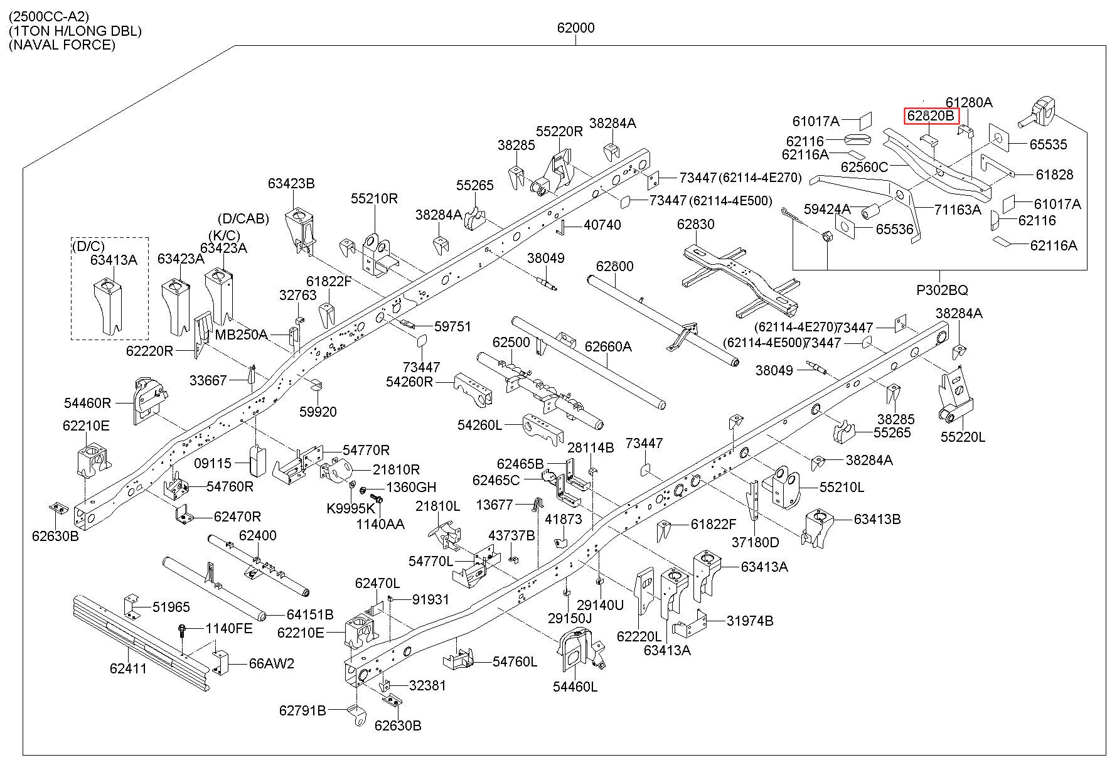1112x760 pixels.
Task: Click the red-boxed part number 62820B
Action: point(931,116)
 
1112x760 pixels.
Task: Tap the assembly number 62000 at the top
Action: point(575,28)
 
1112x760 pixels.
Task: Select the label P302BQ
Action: point(942,290)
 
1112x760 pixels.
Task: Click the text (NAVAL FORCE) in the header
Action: point(62,45)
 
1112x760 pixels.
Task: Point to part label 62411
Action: point(128,668)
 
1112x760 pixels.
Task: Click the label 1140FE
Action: point(230,628)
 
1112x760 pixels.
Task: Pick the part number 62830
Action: point(695,224)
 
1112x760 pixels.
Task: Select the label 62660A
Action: point(608,346)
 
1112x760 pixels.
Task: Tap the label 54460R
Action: point(87,403)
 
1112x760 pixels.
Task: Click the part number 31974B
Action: point(750,621)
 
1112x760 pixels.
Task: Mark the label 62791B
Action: point(303,710)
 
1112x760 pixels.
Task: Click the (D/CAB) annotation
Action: point(243,219)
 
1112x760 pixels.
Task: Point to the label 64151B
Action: point(310,614)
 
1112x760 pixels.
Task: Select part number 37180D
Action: point(756,542)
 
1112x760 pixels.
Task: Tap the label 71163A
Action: point(958,210)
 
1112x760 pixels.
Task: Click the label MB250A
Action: point(241,335)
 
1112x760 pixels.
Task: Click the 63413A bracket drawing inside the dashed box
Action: point(109,306)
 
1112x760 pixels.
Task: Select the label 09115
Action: point(213,463)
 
